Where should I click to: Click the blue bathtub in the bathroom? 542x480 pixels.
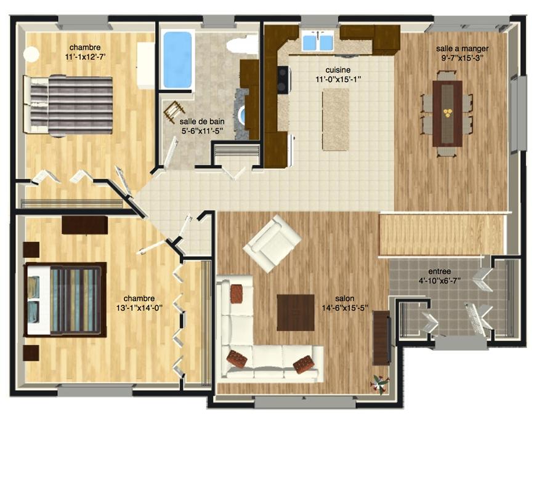click(177, 60)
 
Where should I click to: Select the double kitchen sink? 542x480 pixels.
click(318, 41)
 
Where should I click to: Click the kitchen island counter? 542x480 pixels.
click(336, 119)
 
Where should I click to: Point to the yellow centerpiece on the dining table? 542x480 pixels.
click(448, 112)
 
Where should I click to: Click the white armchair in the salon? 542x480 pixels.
click(272, 244)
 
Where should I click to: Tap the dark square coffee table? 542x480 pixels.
click(296, 312)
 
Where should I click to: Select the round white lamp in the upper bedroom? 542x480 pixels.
click(31, 54)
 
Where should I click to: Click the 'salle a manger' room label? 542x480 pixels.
click(462, 49)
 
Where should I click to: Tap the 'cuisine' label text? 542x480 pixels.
click(338, 70)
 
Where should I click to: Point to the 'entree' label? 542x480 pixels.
click(439, 271)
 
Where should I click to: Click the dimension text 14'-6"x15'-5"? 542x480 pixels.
click(345, 308)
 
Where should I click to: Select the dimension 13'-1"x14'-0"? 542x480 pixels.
click(139, 308)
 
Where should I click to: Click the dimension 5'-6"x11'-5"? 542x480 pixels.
click(202, 130)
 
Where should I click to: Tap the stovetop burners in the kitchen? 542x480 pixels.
click(283, 79)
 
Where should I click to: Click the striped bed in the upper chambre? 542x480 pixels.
click(68, 105)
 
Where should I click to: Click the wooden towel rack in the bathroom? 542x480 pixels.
click(174, 111)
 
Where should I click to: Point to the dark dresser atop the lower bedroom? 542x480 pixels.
click(85, 225)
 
